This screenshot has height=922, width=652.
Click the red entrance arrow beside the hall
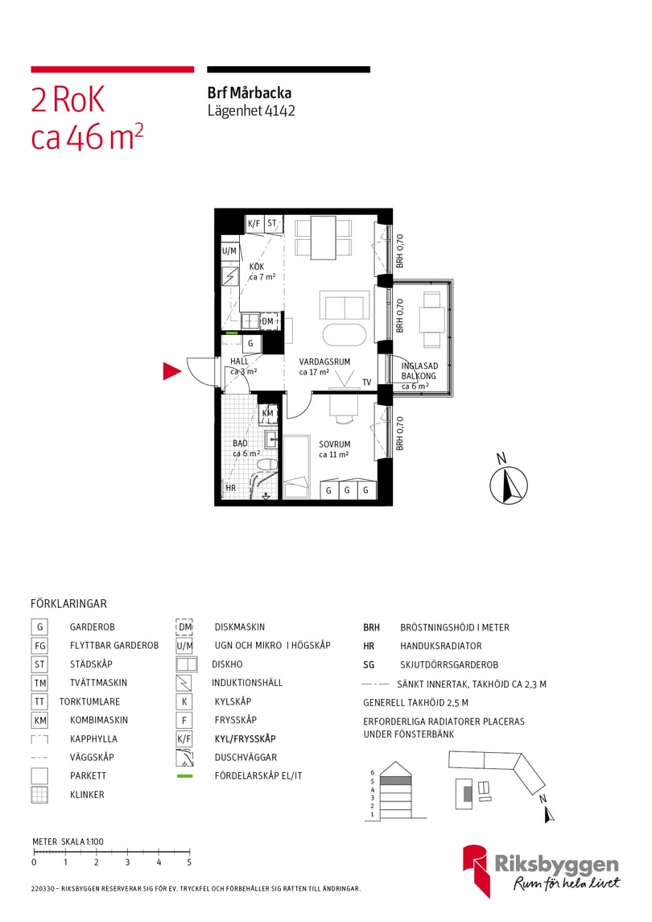tap(171, 371)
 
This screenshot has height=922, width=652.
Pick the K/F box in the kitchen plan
tap(254, 224)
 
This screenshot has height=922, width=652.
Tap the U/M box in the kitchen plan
tap(229, 251)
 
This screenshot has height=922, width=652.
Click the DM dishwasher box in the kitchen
tap(267, 322)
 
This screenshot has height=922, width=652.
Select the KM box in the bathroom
tap(268, 414)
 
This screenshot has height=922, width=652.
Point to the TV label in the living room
tap(366, 382)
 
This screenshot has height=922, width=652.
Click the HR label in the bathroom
tap(230, 488)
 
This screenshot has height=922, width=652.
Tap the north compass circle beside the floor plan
tap(509, 486)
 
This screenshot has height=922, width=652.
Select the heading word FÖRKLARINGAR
tap(68, 603)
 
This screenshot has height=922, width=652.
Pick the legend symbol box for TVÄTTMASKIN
tap(39, 683)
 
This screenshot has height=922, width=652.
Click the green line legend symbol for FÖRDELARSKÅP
tap(184, 776)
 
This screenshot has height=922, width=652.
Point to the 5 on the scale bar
tap(189, 862)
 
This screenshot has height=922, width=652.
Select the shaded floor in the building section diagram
tap(396, 780)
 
